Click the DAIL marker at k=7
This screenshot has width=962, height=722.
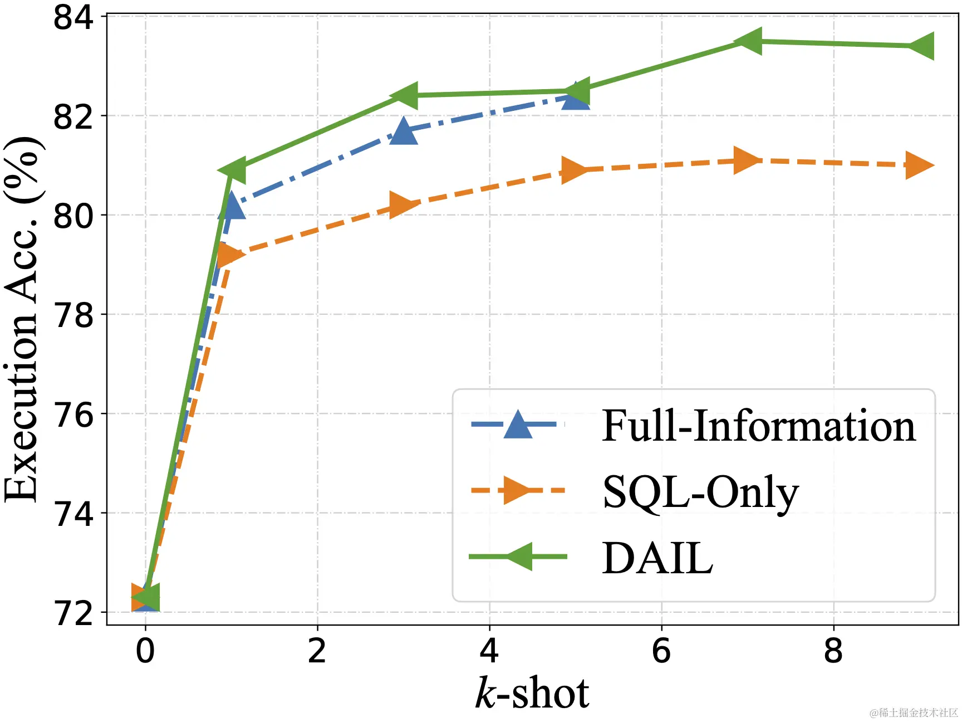coord(748,41)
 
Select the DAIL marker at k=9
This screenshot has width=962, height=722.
coord(920,46)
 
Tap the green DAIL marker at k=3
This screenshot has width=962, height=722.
coord(404,96)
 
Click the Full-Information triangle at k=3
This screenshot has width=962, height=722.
coord(404,131)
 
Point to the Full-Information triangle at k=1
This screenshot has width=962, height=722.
coord(232,207)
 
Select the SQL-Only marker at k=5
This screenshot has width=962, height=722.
coord(575,169)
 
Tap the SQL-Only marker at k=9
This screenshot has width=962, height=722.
coord(919,165)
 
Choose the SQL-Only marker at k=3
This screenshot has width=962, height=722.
coord(403,204)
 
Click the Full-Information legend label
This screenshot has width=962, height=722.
coord(758,426)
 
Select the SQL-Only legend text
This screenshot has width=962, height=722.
coord(700,492)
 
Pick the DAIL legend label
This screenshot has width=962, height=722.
coord(657,558)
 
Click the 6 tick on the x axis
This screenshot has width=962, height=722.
coord(661,650)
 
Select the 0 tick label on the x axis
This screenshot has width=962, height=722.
coord(145,650)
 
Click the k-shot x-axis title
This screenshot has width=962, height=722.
coord(532,693)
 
